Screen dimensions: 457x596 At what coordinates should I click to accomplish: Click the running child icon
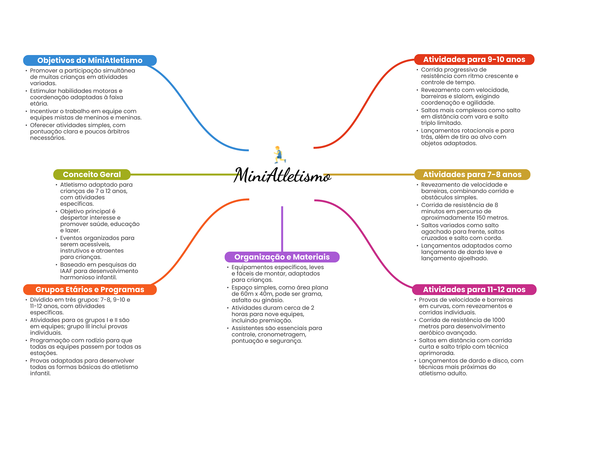coord(279,154)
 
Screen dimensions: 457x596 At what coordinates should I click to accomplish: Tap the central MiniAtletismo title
coord(282,175)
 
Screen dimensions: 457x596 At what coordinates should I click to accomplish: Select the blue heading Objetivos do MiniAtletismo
coord(90,60)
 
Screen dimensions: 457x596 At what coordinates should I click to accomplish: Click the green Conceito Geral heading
coord(92,174)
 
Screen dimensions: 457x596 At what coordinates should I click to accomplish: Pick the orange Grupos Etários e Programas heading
coord(90,290)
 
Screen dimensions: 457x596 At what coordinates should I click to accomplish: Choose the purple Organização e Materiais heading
coord(282,257)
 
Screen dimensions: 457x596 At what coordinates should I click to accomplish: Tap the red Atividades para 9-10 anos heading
coord(474,59)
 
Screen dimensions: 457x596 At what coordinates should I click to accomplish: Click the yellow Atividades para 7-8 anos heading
coord(472,174)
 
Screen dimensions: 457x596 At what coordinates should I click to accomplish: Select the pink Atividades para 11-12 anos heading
coord(474,290)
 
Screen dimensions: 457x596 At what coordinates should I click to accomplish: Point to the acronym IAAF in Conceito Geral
coord(66,271)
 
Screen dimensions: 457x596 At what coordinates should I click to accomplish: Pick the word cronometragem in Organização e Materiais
coord(282,335)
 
